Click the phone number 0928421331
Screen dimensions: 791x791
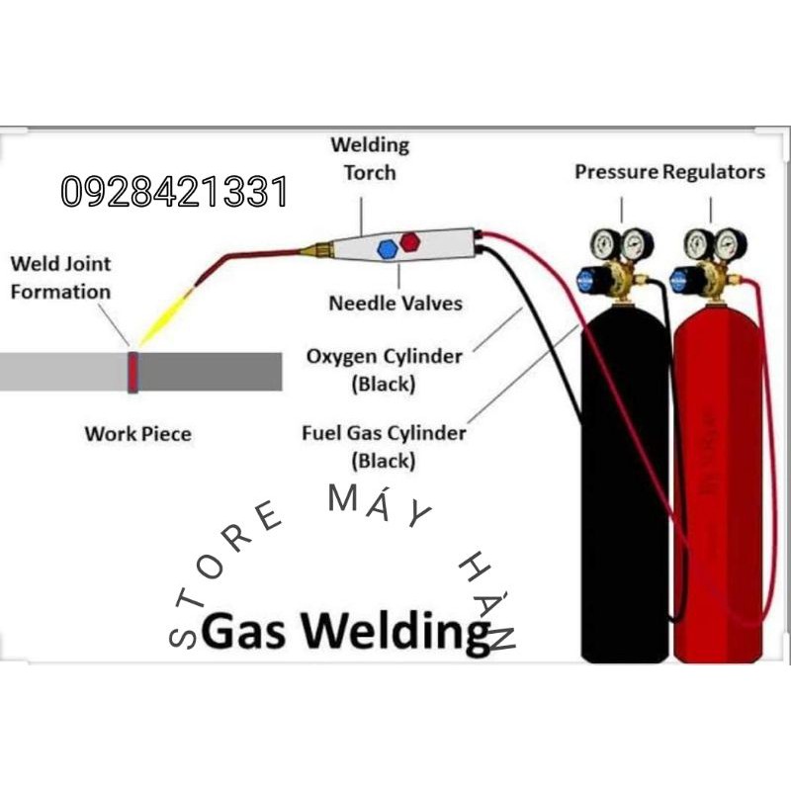(x=174, y=192)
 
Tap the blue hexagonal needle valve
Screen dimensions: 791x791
(x=388, y=250)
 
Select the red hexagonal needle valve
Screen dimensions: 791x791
(x=410, y=241)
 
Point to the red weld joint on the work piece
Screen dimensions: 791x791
(x=132, y=371)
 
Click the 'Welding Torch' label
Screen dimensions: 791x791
(x=370, y=158)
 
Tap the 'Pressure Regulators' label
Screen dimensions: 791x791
(x=669, y=172)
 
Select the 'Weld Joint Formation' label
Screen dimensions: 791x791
(x=60, y=278)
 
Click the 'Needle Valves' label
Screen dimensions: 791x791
(x=395, y=303)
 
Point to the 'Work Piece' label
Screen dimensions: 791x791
(x=138, y=433)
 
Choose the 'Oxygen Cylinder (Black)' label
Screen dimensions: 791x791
(x=385, y=369)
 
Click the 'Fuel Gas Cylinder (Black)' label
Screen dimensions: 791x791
(x=384, y=446)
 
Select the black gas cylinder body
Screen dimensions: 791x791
(x=623, y=494)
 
